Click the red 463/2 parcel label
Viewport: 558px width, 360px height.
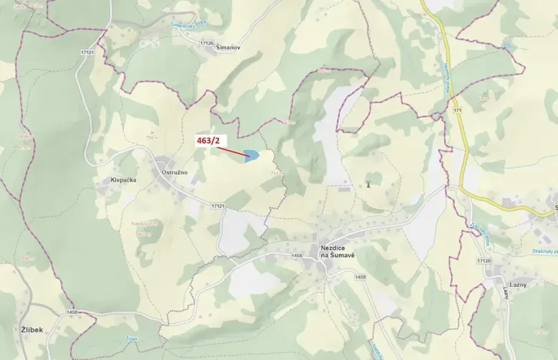point(208,141)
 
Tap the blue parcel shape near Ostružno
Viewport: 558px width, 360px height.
point(251,156)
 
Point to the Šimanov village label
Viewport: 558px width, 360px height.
point(229,47)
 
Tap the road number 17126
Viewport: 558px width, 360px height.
point(205,43)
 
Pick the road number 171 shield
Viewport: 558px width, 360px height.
point(457,112)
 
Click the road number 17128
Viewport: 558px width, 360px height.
point(483,261)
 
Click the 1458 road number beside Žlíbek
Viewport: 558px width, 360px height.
point(73,312)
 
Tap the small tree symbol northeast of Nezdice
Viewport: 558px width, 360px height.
point(367,184)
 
